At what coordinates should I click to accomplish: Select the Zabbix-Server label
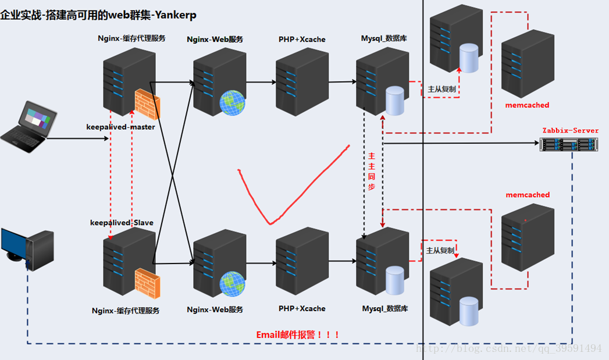(570, 130)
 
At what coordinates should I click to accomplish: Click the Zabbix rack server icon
(569, 144)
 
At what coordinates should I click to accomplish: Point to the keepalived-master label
(120, 127)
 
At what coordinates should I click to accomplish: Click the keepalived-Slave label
(122, 222)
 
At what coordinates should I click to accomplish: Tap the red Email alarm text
(298, 335)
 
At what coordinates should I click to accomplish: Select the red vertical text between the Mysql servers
(372, 172)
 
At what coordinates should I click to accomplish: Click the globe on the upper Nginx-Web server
(232, 102)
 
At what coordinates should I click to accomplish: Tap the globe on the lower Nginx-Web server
(232, 283)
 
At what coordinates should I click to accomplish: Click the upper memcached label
(527, 105)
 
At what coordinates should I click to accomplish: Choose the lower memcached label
(528, 195)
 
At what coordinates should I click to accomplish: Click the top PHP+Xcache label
(302, 40)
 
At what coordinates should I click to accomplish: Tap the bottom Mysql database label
(385, 308)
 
